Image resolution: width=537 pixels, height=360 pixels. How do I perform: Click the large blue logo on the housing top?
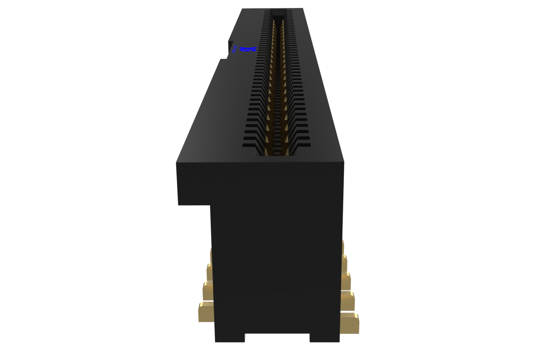[248, 49]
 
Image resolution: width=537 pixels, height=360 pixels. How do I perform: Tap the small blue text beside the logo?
[235, 49]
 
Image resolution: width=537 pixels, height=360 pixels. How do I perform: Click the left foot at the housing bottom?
[230, 338]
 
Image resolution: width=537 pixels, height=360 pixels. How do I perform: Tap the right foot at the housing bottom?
[324, 338]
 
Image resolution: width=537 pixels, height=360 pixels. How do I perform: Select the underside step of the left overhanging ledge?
[194, 204]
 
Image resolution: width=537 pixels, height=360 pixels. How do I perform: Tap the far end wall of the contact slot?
[278, 13]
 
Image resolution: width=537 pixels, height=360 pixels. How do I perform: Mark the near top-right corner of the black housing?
[343, 162]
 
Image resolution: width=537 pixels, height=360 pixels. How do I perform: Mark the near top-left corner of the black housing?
[177, 163]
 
